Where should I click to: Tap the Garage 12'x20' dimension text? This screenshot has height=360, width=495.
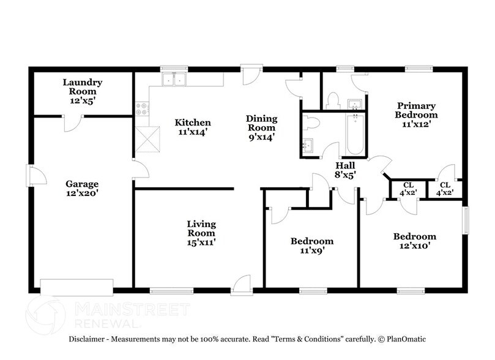pos(83,193)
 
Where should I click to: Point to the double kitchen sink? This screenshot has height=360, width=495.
pos(174,79)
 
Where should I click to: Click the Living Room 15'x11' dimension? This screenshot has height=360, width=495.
pos(201,242)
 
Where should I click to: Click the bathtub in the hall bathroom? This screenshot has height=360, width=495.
pos(354,134)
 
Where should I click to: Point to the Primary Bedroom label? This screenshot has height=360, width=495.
pos(416,110)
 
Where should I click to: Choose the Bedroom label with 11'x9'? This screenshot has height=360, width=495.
pos(311,241)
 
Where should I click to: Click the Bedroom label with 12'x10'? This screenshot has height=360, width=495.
pos(414,236)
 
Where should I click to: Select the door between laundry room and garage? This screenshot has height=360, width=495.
pos(72,122)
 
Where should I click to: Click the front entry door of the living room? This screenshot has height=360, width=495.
pos(242,283)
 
